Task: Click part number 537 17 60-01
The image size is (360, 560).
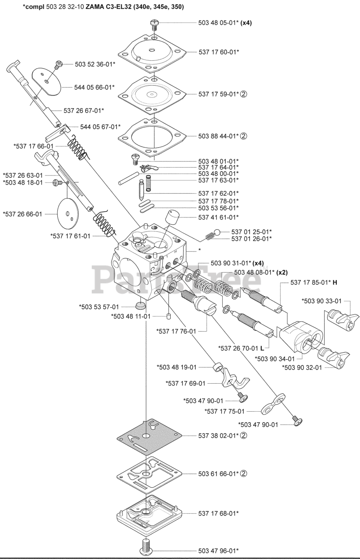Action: [218, 52]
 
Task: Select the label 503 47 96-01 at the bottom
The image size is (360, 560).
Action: [218, 550]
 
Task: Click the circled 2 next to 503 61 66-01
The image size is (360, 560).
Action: [244, 473]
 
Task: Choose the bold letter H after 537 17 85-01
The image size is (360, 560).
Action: [335, 283]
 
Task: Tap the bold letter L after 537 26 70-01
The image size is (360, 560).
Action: [262, 348]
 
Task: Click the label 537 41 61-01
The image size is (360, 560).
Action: [218, 217]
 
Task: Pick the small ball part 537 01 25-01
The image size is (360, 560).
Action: [223, 232]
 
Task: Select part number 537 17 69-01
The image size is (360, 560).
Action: [185, 384]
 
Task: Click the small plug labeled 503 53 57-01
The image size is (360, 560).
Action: [141, 305]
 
